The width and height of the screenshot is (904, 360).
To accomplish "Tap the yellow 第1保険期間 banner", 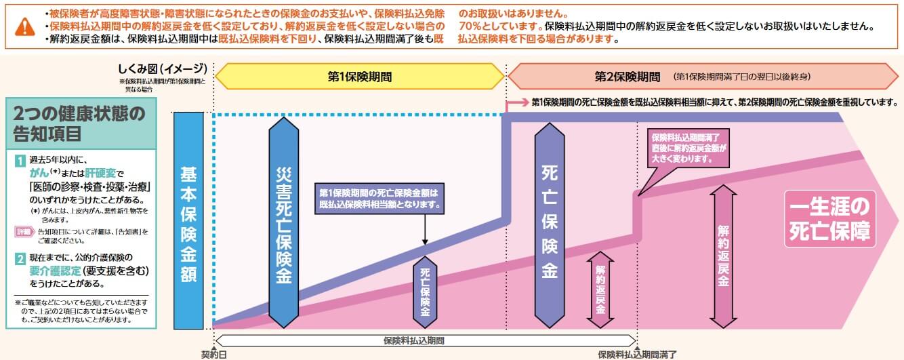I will [360, 77].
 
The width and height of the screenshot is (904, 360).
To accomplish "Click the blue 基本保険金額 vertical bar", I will [188, 220].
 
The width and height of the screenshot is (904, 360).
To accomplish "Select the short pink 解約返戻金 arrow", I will [600, 288].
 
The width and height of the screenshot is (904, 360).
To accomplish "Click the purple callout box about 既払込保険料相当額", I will [379, 197].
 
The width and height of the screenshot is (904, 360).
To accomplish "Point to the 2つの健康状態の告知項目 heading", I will [80, 124].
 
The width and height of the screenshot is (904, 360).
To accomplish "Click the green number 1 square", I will [20, 161].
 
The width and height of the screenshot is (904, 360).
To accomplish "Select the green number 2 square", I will [20, 258].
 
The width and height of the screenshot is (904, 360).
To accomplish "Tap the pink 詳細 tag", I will [24, 232].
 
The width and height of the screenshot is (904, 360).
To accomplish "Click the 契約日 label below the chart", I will [214, 354].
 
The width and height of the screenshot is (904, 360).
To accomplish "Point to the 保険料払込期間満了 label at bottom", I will [636, 354].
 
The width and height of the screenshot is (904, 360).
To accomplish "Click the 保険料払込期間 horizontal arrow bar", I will [425, 340].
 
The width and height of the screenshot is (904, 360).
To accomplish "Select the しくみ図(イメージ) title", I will [161, 68].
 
